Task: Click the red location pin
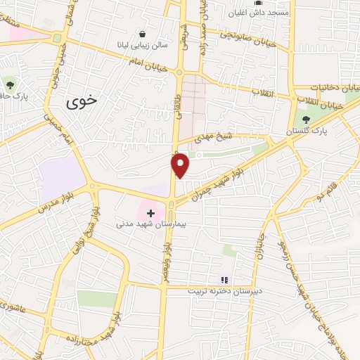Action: tap(181, 164)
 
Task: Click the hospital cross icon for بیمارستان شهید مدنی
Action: tap(150, 212)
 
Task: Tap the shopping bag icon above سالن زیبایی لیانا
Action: tap(143, 33)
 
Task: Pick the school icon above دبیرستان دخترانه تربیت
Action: tap(224, 279)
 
